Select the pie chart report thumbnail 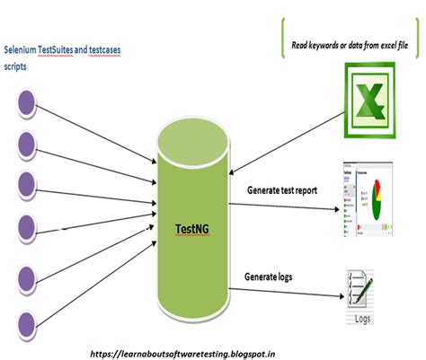pos(366,201)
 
